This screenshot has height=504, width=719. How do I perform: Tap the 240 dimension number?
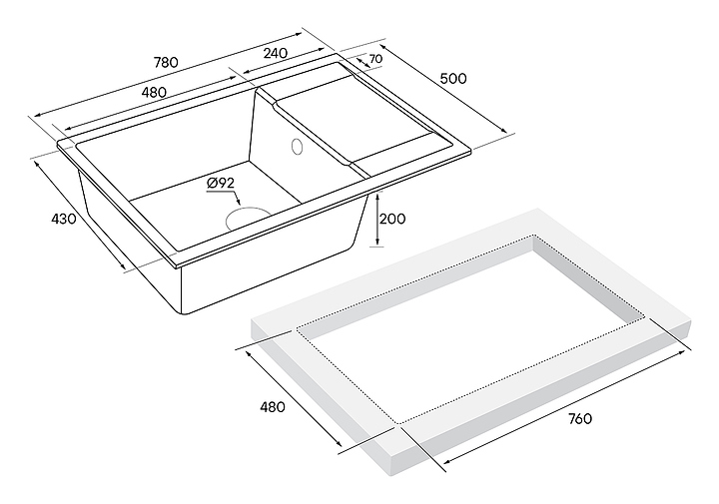(x=275, y=53)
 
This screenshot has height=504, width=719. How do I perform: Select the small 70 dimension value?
(x=375, y=60)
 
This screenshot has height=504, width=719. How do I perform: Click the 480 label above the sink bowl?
(x=153, y=93)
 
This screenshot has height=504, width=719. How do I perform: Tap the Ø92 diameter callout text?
(x=220, y=183)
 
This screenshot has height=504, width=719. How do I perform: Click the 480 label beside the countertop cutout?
(x=273, y=407)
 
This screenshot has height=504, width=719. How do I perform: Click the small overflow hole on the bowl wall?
(x=296, y=149)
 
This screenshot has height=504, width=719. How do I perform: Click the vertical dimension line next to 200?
(x=377, y=219)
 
